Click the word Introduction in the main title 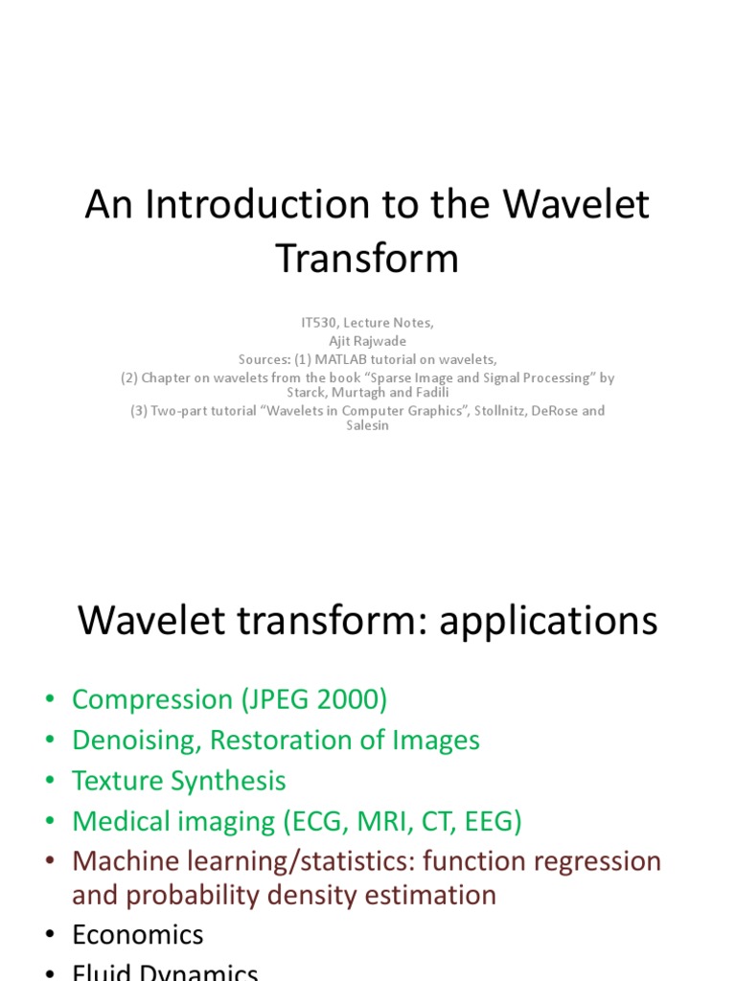[x=245, y=206]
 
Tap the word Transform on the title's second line [x=367, y=259]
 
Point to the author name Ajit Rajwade [x=367, y=341]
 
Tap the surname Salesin [x=367, y=426]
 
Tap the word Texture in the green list [x=118, y=781]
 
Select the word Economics [x=138, y=935]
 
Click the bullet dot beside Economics [x=50, y=936]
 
